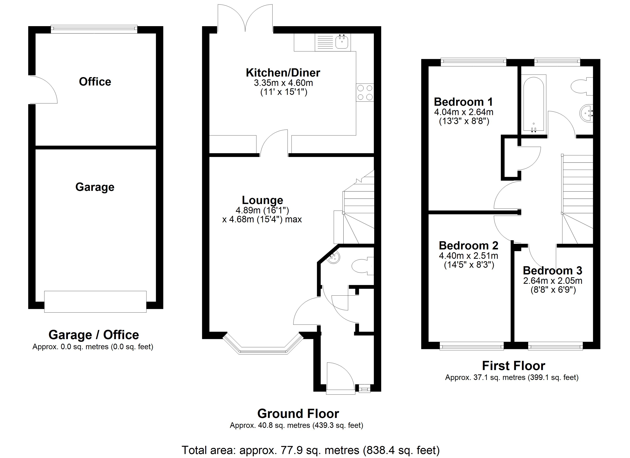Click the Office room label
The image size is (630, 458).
[95, 82]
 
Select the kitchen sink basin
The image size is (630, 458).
[341, 42]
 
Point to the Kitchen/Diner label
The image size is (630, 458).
[283, 73]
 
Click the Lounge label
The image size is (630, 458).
[262, 200]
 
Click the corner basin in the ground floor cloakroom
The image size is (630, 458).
[333, 258]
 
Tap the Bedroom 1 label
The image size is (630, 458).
[463, 102]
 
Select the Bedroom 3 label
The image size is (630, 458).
[552, 271]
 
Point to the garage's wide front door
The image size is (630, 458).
[95, 302]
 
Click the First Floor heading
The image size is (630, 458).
[514, 366]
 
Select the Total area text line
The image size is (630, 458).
[311, 450]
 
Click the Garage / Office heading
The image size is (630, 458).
[94, 335]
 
